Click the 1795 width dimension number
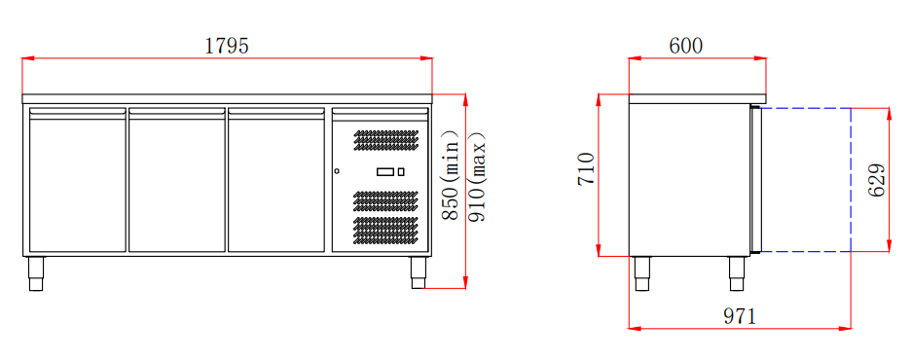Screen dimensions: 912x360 pyautogui.click(x=227, y=46)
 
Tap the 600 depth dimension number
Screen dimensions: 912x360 pyautogui.click(x=686, y=46)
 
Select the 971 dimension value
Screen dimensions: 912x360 pyautogui.click(x=740, y=316)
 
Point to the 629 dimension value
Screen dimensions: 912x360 pyautogui.click(x=877, y=180)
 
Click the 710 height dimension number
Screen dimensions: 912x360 pyautogui.click(x=587, y=168)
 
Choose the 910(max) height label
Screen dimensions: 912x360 pyautogui.click(x=477, y=177)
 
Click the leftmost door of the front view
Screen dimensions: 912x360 pyautogui.click(x=77, y=180)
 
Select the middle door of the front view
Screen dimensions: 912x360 pyautogui.click(x=177, y=180)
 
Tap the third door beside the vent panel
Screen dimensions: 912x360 pyautogui.click(x=276, y=180)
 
